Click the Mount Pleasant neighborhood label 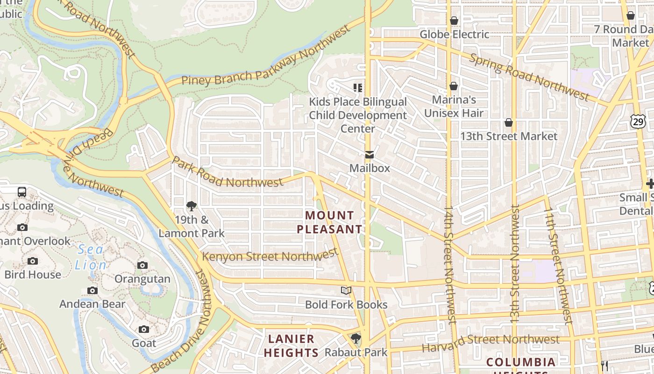click(329, 222)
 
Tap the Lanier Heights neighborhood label click(291, 345)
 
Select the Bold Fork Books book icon click(346, 291)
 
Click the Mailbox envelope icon click(370, 155)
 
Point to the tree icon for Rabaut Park click(356, 338)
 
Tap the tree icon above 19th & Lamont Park click(191, 206)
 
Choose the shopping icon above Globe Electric click(454, 21)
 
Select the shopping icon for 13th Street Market click(509, 123)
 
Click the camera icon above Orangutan click(142, 266)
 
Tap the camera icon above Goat click(144, 330)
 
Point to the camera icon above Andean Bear click(92, 291)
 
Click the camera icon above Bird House click(33, 261)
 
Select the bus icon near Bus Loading click(22, 192)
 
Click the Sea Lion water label click(91, 257)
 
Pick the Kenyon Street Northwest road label click(270, 256)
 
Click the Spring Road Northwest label click(529, 77)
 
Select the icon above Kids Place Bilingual click(358, 88)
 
